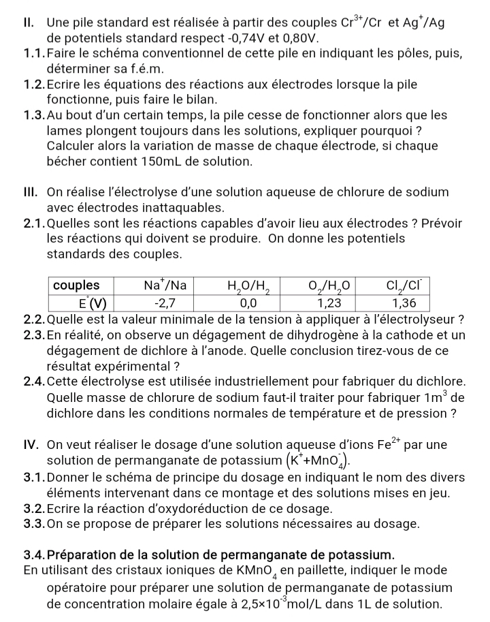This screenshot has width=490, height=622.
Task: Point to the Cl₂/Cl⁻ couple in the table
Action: [409, 284]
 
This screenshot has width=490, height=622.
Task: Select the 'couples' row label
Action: [76, 284]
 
